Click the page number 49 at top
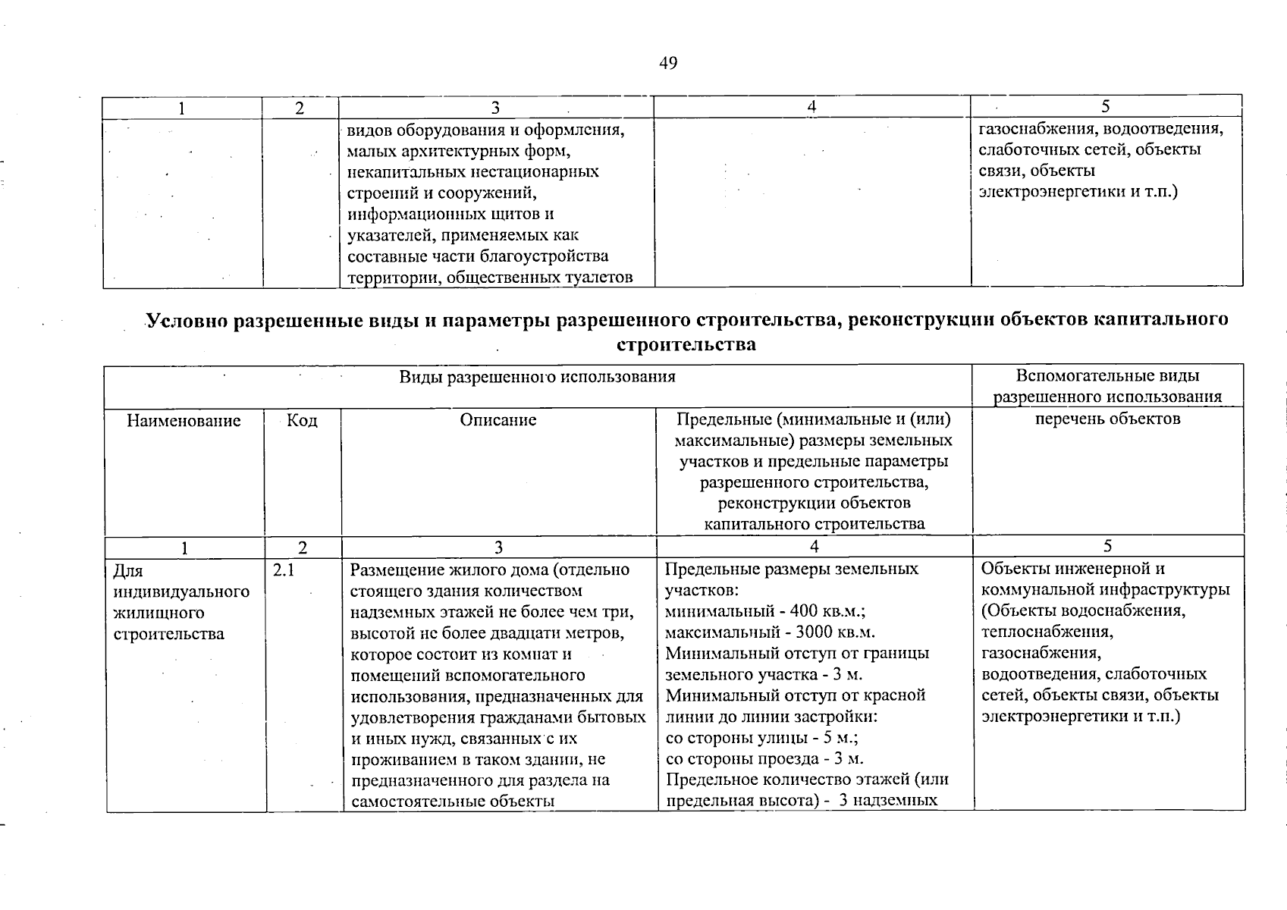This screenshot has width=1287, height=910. [x=667, y=63]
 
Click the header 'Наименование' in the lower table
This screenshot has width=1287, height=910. [x=184, y=421]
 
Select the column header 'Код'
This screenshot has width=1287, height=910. [x=302, y=421]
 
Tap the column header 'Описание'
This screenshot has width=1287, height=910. [x=498, y=421]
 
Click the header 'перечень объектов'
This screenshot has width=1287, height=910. [x=1107, y=419]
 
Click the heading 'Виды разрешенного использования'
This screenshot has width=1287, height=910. [x=537, y=377]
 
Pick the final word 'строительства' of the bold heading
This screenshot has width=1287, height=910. [x=686, y=345]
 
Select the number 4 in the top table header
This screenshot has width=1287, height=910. [x=811, y=108]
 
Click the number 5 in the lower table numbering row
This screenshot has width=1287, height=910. [x=1108, y=547]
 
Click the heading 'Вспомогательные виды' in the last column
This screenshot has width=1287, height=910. [x=1107, y=376]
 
